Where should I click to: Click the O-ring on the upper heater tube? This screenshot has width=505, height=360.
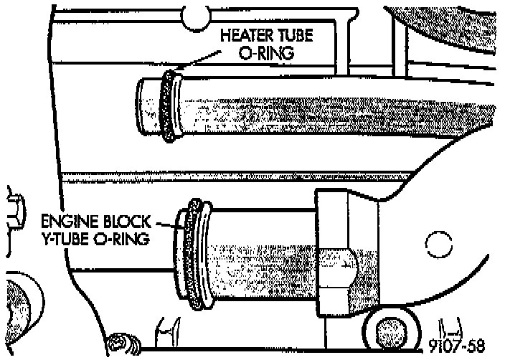pos(169,106)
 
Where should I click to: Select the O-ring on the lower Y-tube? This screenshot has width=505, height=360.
pos(194,255)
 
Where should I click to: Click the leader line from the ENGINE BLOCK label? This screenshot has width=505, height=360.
pos(166,224)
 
